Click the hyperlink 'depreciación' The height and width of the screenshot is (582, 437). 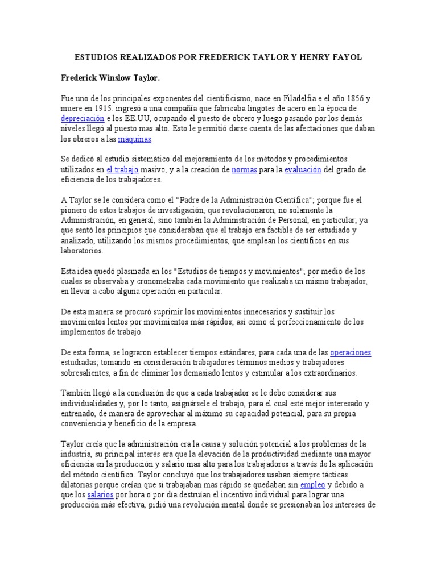tap(83, 118)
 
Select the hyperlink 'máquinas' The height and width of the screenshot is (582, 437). tap(135, 139)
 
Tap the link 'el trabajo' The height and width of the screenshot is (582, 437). tap(122, 169)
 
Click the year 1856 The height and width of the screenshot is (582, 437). tap(353, 97)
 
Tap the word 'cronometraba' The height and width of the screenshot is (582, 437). tap(150, 281)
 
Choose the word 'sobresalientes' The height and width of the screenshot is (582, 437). tap(86, 373)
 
